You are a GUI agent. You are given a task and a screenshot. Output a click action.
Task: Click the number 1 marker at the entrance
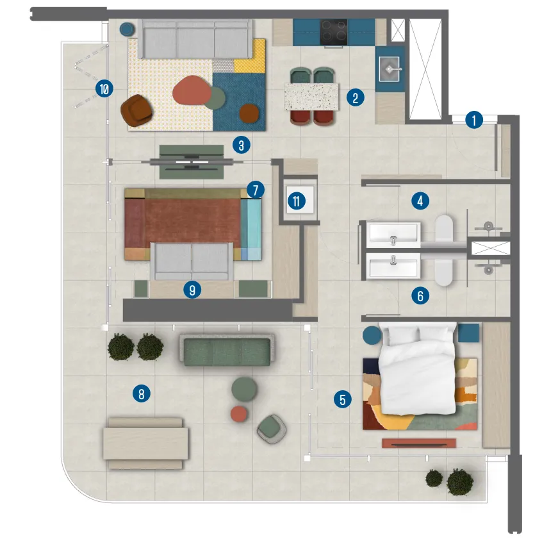point(473,120)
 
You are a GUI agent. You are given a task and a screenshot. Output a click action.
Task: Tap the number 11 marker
point(295,201)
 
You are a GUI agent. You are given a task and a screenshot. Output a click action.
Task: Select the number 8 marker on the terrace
point(141,393)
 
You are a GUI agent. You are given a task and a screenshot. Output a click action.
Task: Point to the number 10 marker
point(103,89)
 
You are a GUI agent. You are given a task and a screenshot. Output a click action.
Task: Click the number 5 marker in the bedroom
point(342,400)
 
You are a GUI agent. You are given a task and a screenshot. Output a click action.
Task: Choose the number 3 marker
point(240,145)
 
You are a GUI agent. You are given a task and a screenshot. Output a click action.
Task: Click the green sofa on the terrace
point(229,350)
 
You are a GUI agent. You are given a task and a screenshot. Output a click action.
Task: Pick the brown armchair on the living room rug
point(137,110)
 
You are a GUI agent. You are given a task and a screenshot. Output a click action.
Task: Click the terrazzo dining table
point(311,96)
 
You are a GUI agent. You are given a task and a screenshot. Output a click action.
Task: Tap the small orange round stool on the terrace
point(239,414)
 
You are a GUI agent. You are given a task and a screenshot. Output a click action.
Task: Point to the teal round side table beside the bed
point(372,335)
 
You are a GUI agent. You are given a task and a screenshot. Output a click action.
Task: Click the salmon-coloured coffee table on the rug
point(191,90)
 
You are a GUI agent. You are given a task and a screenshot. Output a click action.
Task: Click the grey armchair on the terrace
point(272,428)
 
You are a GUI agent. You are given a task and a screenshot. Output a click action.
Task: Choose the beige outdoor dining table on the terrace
point(146,443)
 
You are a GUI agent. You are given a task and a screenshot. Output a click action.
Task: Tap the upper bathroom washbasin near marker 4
point(392,235)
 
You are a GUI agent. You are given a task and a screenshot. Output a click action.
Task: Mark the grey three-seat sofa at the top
point(195,38)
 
